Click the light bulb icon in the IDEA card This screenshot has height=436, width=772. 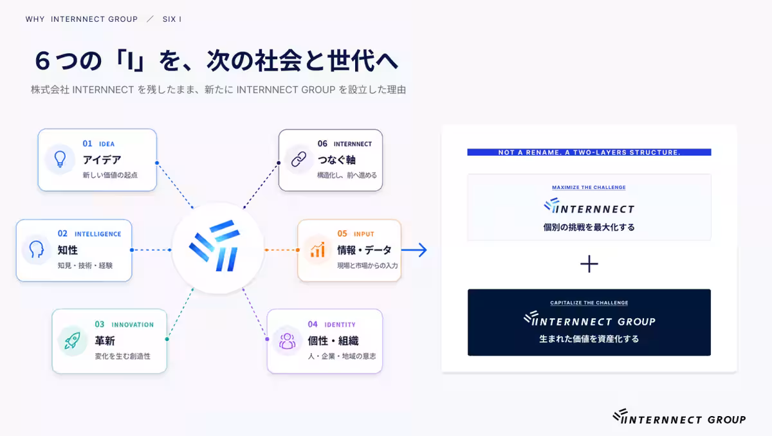coord(60,159)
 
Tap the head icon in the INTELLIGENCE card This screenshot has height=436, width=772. coord(36,250)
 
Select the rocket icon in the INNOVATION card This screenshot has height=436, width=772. coord(72,340)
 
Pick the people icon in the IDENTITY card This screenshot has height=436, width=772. coord(287,341)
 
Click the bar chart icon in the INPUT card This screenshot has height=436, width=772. coord(317,250)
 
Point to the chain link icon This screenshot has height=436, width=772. coord(299,159)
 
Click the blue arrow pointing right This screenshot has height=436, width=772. coord(414,250)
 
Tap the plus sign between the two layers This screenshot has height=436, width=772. coord(589,264)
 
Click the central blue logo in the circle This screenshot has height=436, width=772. coord(214,246)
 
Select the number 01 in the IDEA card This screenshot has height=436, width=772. coord(87,143)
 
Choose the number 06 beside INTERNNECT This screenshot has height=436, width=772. coord(322,143)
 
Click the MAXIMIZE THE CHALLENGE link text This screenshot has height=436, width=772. coord(589,187)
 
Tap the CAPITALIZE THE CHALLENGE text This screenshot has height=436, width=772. coord(589,303)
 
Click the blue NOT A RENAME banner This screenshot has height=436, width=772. coord(589,152)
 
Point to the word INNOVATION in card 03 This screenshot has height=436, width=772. coord(133,325)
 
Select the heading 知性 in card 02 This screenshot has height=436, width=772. coord(68,250)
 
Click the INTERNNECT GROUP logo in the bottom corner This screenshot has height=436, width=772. coord(679,417)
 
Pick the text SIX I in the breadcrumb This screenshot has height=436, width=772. coord(172,19)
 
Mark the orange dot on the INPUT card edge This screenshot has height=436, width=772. coord(298,250)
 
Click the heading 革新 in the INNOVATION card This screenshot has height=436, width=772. coord(105,341)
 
